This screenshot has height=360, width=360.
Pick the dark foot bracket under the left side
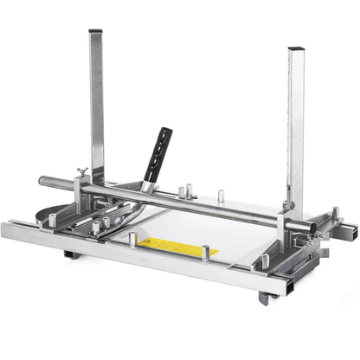pos(71,255)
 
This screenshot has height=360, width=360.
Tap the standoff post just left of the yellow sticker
pos(132,240)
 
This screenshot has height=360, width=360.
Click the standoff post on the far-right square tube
pos(336,211)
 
